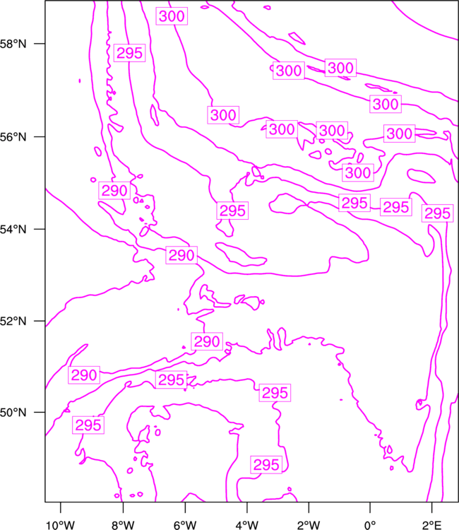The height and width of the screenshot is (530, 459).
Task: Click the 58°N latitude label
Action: [13, 44]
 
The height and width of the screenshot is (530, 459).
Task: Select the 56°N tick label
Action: [13, 137]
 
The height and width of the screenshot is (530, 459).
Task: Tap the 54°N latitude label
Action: [13, 230]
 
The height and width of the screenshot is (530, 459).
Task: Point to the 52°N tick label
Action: [13, 321]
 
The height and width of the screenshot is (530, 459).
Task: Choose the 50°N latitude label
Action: [13, 413]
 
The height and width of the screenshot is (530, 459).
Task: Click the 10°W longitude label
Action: [61, 525]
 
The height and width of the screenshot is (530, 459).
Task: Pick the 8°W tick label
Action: [123, 525]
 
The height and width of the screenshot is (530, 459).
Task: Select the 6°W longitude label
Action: [185, 525]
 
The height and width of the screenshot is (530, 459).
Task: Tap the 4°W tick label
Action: [247, 525]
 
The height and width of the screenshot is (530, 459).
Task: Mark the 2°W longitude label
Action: [309, 525]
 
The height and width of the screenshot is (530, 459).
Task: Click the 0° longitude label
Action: [370, 525]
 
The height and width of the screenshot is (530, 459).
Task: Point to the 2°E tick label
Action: [432, 525]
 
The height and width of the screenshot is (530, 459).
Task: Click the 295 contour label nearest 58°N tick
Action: [130, 53]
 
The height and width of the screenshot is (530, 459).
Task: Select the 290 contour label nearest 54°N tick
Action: [114, 191]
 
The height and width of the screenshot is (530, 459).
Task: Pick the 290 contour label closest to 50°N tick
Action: [84, 375]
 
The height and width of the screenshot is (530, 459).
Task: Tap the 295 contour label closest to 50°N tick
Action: [88, 425]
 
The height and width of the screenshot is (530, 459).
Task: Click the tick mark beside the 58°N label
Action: [40, 44]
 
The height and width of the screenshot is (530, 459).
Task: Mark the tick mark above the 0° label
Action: [370, 507]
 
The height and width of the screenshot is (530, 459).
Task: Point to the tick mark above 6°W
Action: [185, 507]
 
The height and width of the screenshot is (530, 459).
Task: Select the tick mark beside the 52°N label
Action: [40, 321]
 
